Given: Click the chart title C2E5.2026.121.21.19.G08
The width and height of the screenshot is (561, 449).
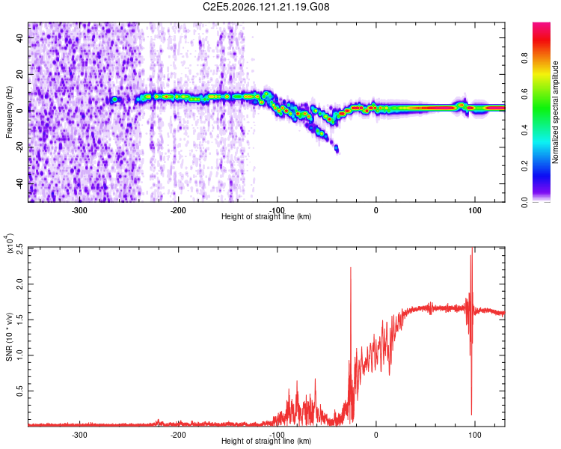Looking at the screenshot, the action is click(266, 7).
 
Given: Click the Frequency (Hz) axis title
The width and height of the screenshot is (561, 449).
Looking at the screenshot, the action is click(9, 112).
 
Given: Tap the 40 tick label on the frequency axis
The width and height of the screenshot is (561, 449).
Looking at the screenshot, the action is click(20, 37).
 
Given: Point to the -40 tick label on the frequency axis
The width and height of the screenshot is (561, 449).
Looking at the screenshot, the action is click(20, 184).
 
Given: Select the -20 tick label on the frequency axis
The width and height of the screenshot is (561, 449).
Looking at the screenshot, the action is click(20, 147).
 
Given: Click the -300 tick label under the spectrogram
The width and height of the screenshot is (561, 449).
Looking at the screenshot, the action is click(79, 210).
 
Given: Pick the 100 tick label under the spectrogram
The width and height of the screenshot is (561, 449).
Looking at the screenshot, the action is click(475, 210).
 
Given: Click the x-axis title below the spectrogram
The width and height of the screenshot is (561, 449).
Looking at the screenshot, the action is click(266, 216).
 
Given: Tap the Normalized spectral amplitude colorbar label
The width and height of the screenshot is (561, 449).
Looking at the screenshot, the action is click(555, 112).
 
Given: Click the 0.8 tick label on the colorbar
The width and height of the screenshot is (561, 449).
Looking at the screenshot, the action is click(524, 58).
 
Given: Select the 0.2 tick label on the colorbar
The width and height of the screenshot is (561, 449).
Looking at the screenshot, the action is click(524, 166).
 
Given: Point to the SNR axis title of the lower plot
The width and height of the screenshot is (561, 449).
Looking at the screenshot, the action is click(9, 337).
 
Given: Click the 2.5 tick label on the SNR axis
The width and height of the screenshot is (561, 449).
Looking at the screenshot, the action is click(20, 248).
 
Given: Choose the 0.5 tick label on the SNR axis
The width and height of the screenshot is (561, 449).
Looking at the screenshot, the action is click(20, 391).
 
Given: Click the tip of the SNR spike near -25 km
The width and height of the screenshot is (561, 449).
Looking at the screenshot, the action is click(351, 267).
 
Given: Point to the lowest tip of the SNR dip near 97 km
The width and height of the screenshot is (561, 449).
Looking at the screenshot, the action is click(471, 415).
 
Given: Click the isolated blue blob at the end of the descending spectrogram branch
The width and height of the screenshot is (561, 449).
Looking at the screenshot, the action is click(337, 149).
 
